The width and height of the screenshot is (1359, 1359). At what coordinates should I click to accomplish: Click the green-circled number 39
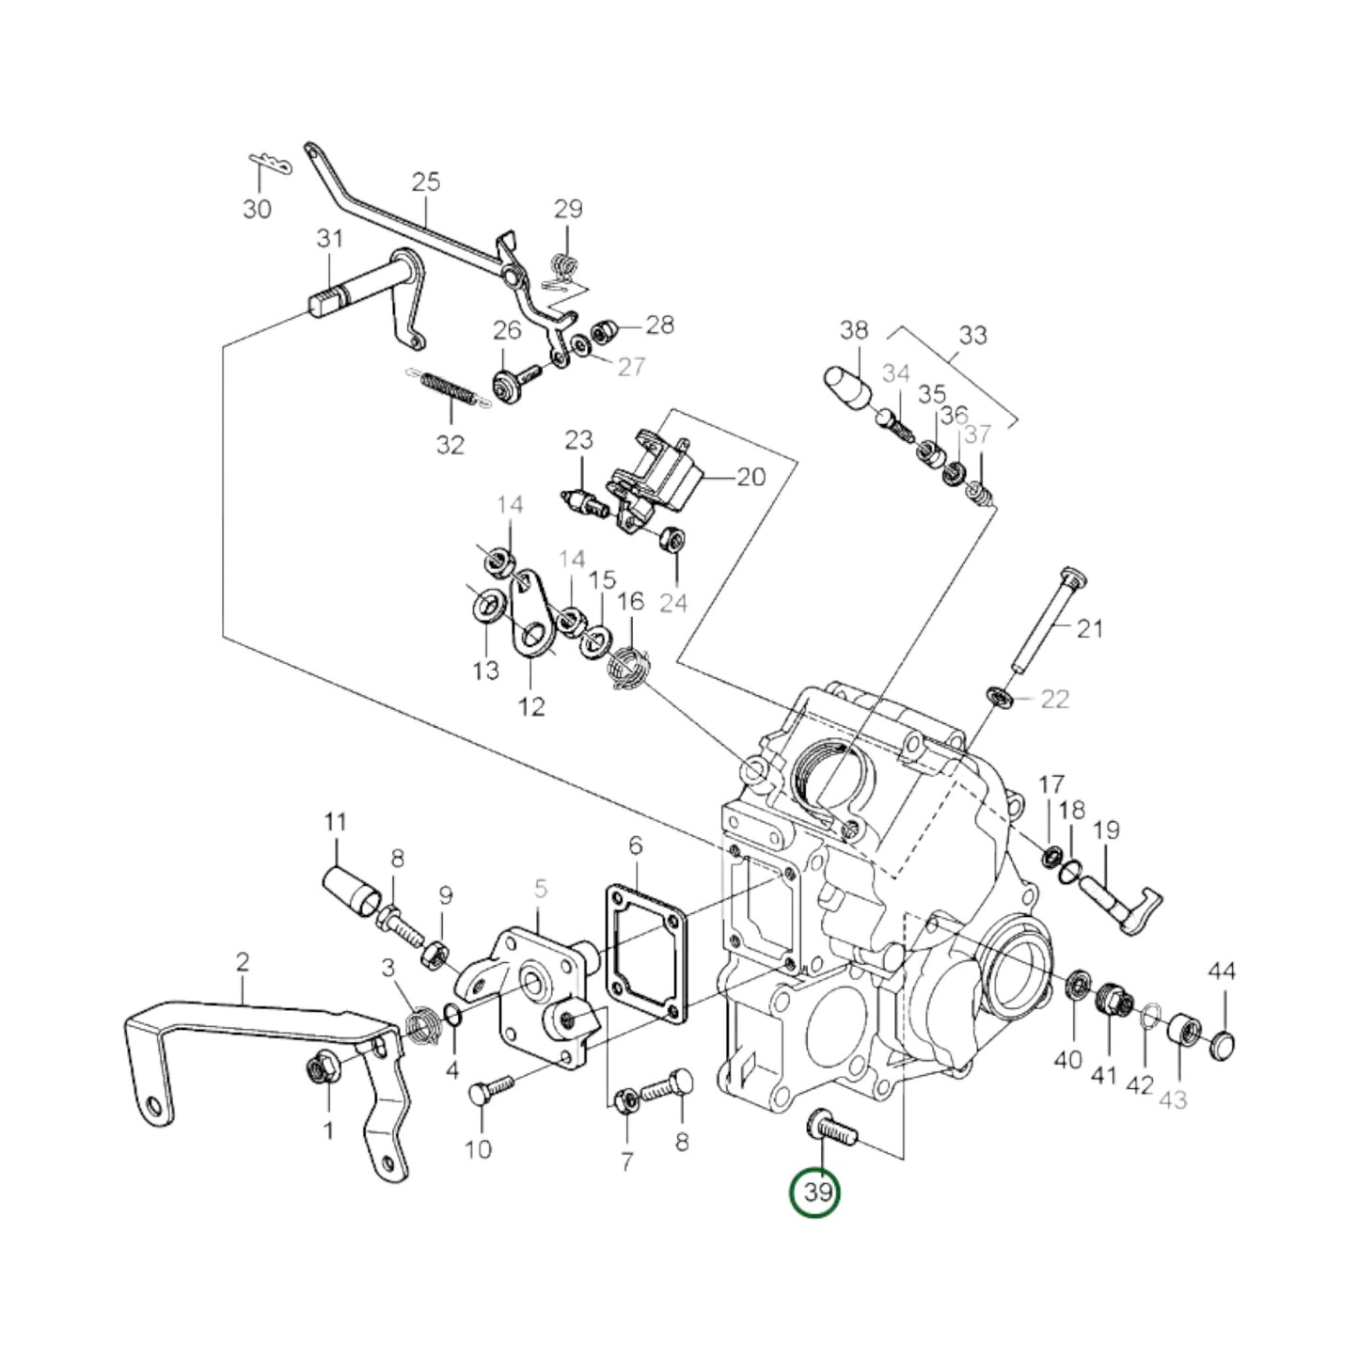(814, 1193)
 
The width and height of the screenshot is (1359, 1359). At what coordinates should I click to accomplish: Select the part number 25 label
(426, 182)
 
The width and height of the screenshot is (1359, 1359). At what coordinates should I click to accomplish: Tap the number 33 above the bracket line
(972, 336)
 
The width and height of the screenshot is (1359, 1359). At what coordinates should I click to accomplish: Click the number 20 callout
(751, 477)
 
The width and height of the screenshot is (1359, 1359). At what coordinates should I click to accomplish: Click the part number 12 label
(531, 706)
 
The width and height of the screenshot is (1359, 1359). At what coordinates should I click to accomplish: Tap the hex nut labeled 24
(673, 541)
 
